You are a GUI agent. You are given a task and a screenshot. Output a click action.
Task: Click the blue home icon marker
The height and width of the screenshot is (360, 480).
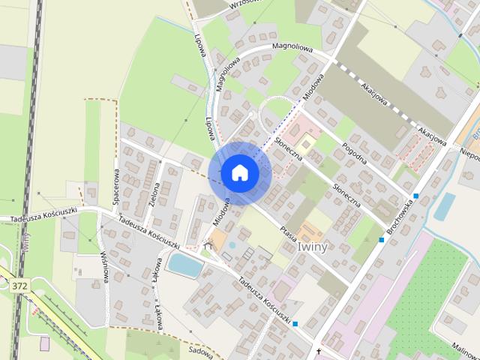pyautogui.click(x=239, y=172)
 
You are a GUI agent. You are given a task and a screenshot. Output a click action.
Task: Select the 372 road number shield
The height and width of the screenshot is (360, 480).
pyautogui.click(x=19, y=286)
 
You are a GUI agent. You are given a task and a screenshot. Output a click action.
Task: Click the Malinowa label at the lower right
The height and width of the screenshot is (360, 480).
pyautogui.click(x=464, y=346)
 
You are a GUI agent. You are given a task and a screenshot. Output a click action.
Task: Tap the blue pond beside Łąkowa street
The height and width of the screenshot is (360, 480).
pyautogui.click(x=184, y=263)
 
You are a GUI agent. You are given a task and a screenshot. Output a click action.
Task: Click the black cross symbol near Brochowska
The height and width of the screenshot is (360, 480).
pyautogui.click(x=318, y=351)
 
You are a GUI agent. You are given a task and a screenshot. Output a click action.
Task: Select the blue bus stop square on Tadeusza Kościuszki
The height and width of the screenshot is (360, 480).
pyautogui.click(x=295, y=324)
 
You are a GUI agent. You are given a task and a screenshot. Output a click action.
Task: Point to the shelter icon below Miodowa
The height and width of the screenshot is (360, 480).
pyautogui.click(x=209, y=246)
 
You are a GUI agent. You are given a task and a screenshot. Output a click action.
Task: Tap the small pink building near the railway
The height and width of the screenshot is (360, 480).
pyautogui.click(x=44, y=343)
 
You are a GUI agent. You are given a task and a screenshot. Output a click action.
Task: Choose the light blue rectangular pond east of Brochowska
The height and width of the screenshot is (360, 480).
pyautogui.click(x=444, y=205)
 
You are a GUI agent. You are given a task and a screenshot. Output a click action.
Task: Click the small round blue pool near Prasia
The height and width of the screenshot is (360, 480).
pyautogui.click(x=232, y=245)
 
